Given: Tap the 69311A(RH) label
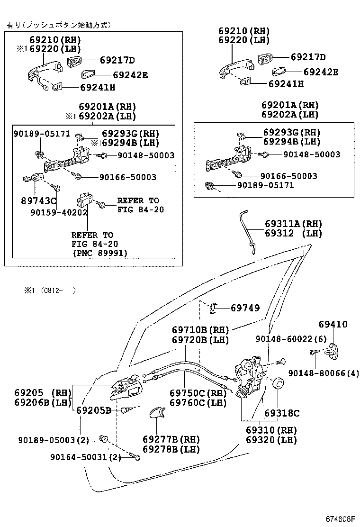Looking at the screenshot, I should (x=293, y=224).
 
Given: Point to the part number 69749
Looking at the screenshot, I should (x=245, y=308).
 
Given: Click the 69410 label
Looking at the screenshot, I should (x=333, y=325).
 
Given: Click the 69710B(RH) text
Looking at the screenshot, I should (x=200, y=330).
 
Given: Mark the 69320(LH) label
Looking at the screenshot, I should (x=271, y=440).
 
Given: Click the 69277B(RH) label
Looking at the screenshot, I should (x=171, y=439).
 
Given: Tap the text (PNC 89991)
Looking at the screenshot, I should (x=99, y=253).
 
